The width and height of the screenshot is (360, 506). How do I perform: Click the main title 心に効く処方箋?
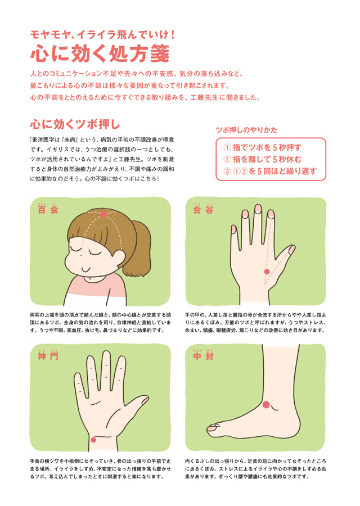[100, 53]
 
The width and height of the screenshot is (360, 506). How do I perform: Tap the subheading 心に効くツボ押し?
[75, 125]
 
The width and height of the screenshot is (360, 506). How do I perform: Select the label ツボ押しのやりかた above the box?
[246, 130]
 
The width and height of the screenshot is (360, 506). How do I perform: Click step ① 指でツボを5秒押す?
[262, 147]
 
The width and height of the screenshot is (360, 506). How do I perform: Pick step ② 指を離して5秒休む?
[262, 159]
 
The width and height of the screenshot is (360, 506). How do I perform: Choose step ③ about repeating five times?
[270, 171]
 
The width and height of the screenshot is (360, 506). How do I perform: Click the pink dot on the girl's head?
[103, 215]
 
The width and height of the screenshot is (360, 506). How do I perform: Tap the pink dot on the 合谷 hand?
[267, 272]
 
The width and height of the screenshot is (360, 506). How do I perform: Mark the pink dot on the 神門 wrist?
[93, 440]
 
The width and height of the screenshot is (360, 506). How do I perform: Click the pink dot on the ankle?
[267, 405]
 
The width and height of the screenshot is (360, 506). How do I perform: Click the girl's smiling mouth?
[85, 269]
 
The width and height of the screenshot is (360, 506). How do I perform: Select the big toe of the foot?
[213, 428]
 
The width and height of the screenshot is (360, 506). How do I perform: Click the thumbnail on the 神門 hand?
[145, 400]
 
